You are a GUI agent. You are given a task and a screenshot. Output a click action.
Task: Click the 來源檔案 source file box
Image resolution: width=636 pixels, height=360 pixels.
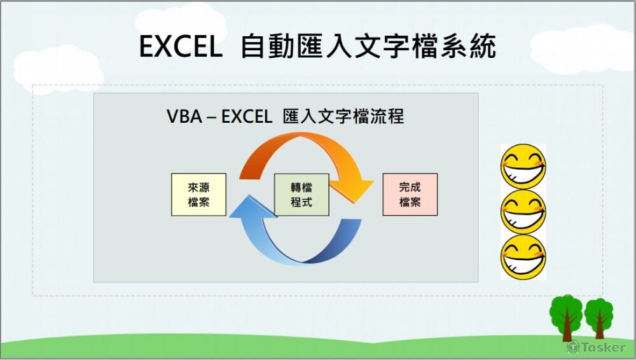tap(198, 195)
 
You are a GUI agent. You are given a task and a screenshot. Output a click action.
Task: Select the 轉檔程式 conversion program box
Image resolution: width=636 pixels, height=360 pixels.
tap(301, 195)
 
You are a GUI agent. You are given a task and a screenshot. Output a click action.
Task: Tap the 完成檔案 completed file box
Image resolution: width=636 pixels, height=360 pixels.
tap(410, 195)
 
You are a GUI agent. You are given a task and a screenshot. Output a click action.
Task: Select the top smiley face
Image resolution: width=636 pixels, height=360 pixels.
tap(523, 166)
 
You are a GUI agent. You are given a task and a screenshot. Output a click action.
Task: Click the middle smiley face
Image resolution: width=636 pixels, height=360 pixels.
tap(523, 212)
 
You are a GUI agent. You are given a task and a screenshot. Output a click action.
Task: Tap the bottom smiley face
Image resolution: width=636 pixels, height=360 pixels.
tap(523, 257)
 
